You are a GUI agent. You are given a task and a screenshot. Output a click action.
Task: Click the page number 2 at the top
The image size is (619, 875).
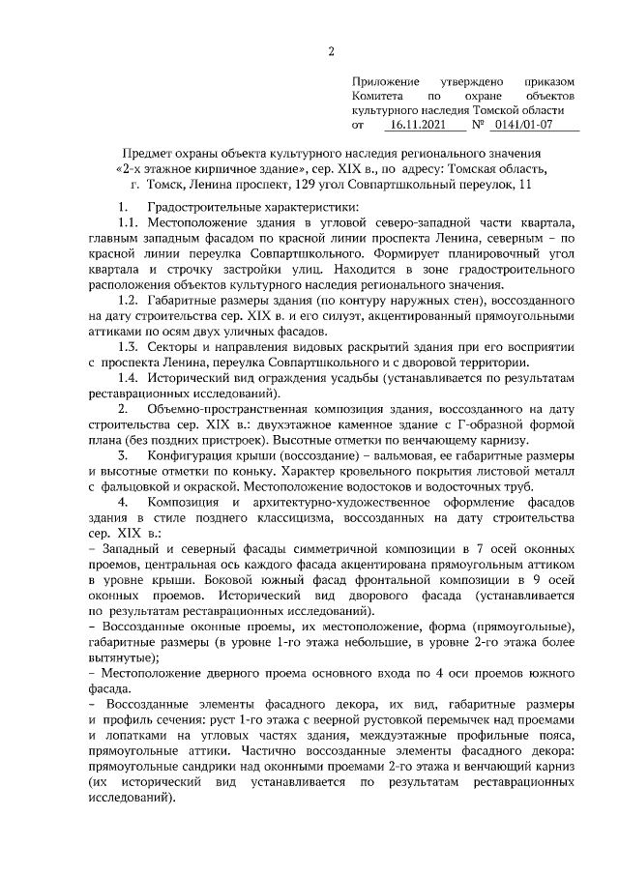[x=330, y=51]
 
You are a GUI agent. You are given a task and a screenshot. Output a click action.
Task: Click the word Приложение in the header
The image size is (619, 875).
[x=385, y=82]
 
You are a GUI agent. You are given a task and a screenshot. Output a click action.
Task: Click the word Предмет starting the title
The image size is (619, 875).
[x=151, y=154]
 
